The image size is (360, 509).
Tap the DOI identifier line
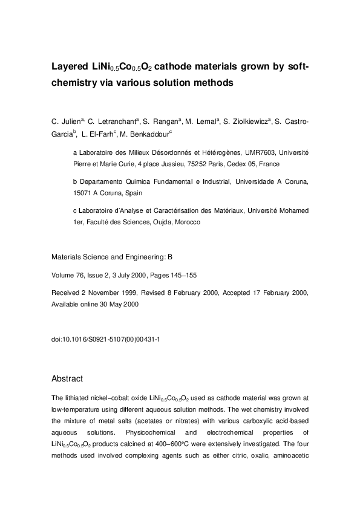105,340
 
